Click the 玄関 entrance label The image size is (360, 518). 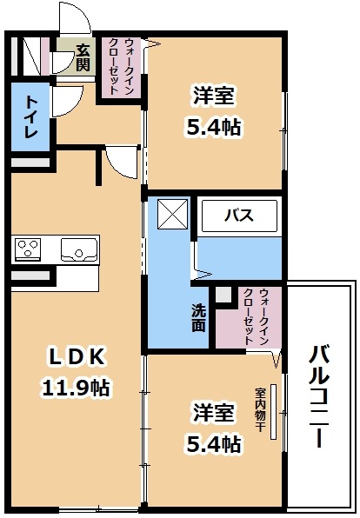click(83, 58)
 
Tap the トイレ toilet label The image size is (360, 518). click(31, 117)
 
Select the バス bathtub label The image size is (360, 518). click(239, 216)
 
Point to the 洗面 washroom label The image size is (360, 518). click(198, 317)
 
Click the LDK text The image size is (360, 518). click(77, 357)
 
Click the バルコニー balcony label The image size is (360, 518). click(319, 396)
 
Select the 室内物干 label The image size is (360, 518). click(260, 409)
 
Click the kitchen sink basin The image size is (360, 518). click(79, 249)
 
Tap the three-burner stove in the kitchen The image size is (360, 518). click(28, 249)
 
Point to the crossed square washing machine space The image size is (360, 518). click(172, 214)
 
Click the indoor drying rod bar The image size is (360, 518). click(273, 412)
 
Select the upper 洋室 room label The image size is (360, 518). click(214, 96)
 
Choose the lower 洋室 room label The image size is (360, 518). click(214, 412)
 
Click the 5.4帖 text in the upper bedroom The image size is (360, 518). click(214, 127)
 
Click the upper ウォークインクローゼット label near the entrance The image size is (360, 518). click(122, 67)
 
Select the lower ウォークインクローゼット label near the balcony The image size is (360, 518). click(256, 317)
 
